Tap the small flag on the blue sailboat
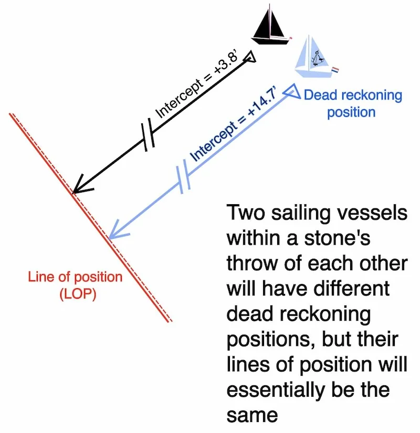click(335, 69)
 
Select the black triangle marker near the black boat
click(251, 57)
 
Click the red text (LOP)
click(75, 294)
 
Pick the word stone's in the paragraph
click(339, 239)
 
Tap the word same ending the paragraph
click(252, 415)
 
